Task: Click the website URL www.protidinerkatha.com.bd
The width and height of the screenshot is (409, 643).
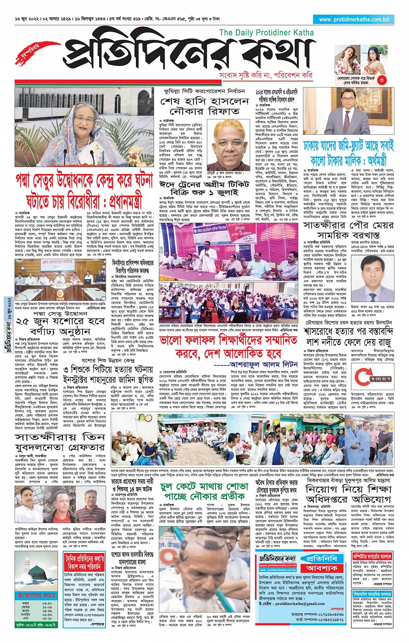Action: (354, 19)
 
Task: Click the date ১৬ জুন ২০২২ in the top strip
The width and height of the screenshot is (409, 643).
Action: (29, 19)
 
